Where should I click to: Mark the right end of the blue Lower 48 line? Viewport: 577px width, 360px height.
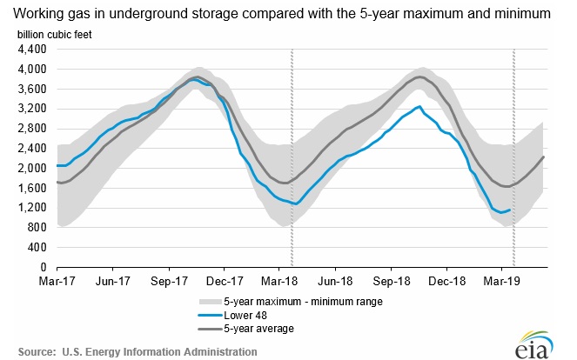coord(510,210)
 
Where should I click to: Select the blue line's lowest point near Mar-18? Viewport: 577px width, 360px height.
coord(296,204)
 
